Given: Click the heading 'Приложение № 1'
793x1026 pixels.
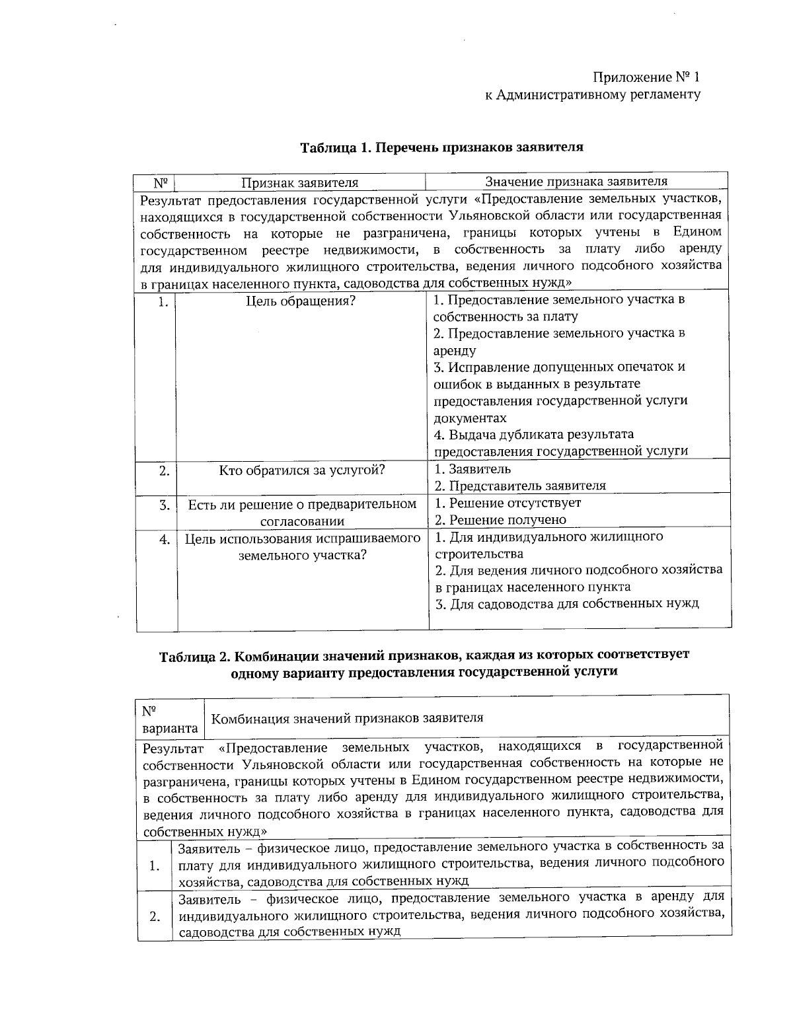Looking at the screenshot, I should [x=646, y=77].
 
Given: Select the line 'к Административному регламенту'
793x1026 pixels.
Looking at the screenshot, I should [x=593, y=94].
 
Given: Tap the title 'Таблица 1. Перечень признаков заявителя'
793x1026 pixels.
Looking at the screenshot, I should [x=442, y=147].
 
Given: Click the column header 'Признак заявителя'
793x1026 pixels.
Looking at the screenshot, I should [x=299, y=182].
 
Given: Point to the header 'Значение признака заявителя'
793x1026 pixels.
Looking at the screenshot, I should [x=576, y=181].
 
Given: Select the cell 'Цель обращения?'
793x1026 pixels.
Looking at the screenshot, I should [x=301, y=301].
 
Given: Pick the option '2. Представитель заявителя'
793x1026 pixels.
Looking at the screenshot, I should [x=519, y=486].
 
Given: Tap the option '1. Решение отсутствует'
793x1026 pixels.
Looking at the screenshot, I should [x=508, y=503].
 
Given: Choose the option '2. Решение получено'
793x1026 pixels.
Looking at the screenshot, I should [x=500, y=520].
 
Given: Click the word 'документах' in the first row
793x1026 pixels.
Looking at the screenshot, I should [x=470, y=418].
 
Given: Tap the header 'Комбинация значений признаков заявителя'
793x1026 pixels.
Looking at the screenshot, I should [x=346, y=718].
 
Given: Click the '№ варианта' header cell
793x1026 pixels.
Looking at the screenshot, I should [x=170, y=719].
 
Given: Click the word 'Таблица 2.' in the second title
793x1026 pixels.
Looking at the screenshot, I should [x=194, y=656].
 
